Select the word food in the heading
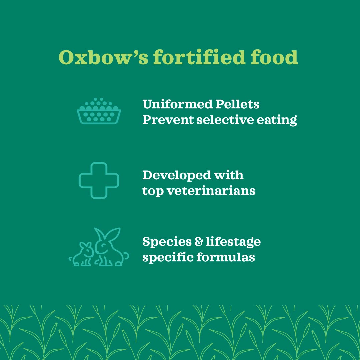click(x=274, y=57)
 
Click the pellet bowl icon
click(x=99, y=111)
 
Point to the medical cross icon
click(x=99, y=180)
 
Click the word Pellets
click(x=237, y=104)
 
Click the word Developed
click(x=176, y=175)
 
